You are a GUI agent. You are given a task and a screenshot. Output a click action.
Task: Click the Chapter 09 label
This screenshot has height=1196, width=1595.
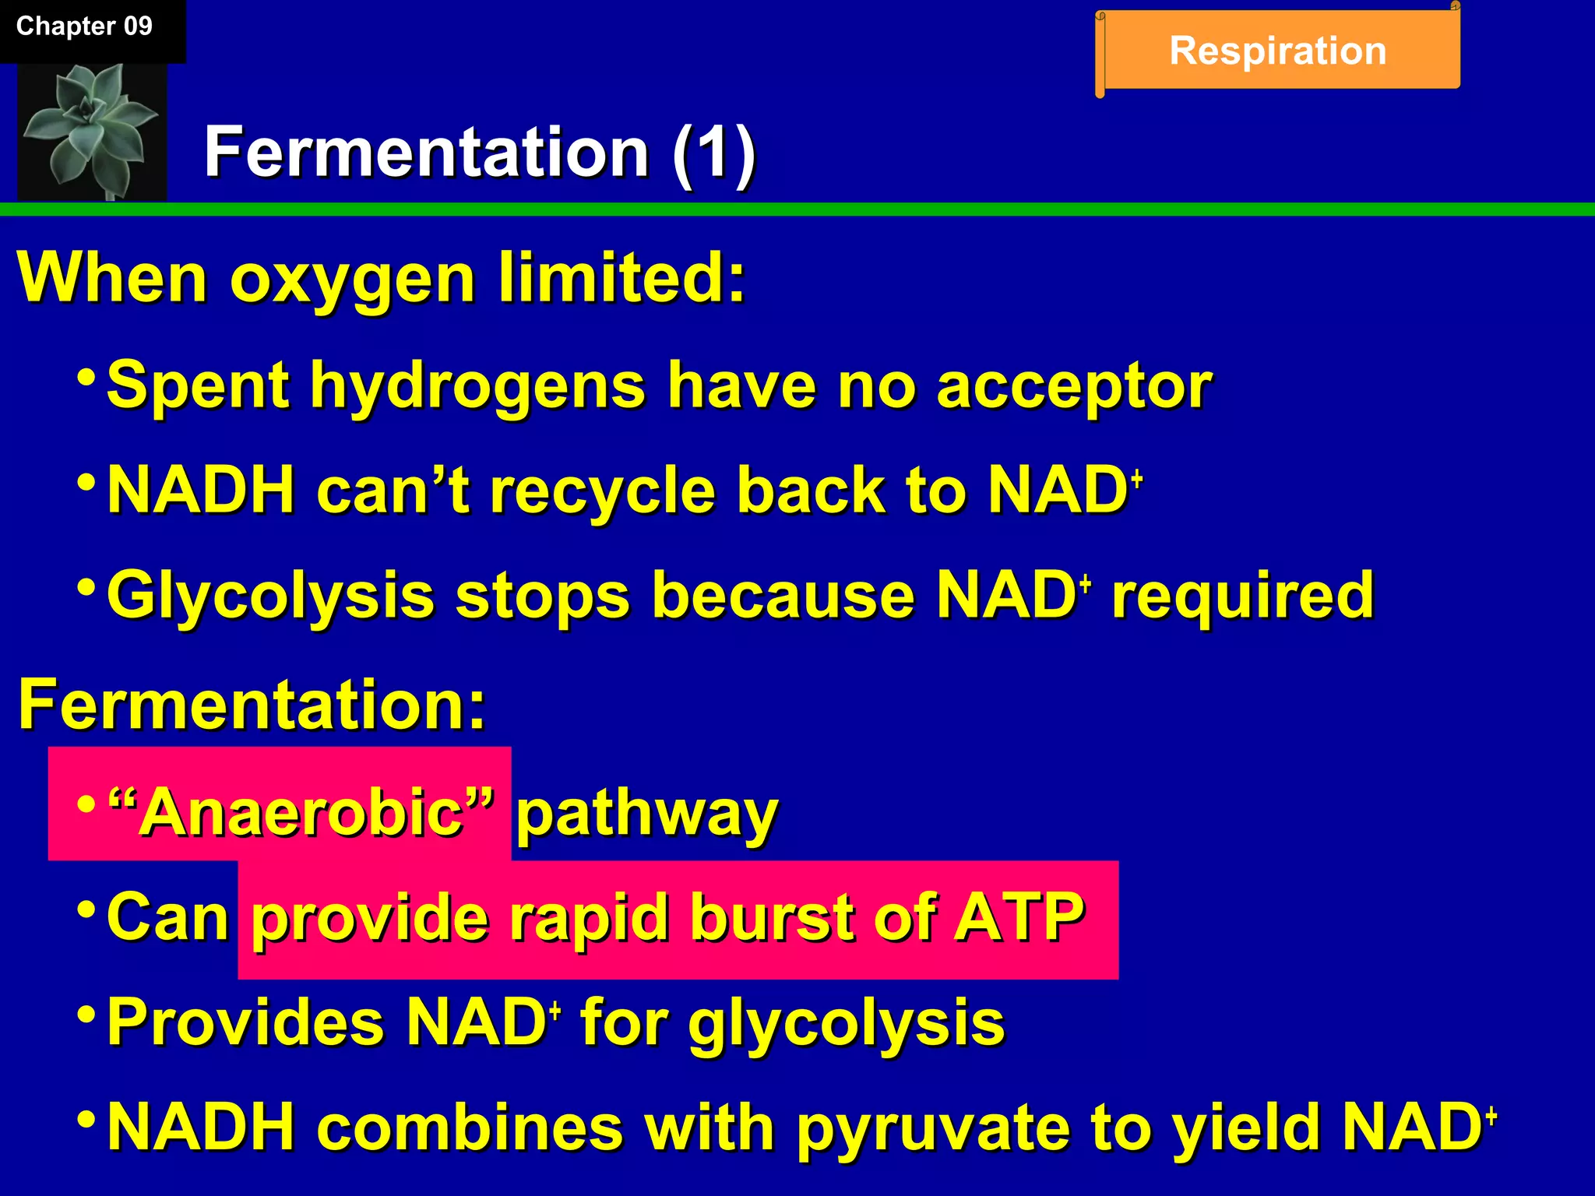[84, 26]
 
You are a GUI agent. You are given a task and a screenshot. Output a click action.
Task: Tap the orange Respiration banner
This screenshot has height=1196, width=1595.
[1277, 51]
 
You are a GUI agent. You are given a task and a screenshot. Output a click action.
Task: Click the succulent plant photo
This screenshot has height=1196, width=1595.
[92, 131]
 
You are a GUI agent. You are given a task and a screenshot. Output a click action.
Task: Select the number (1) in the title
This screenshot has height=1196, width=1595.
[713, 153]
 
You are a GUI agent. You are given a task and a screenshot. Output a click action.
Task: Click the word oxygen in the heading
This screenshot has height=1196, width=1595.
[352, 280]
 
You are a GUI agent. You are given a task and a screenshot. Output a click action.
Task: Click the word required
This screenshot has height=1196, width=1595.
[1243, 596]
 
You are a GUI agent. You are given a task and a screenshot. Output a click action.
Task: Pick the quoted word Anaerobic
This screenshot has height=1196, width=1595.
[301, 813]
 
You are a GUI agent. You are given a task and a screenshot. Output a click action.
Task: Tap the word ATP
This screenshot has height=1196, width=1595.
[1020, 917]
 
